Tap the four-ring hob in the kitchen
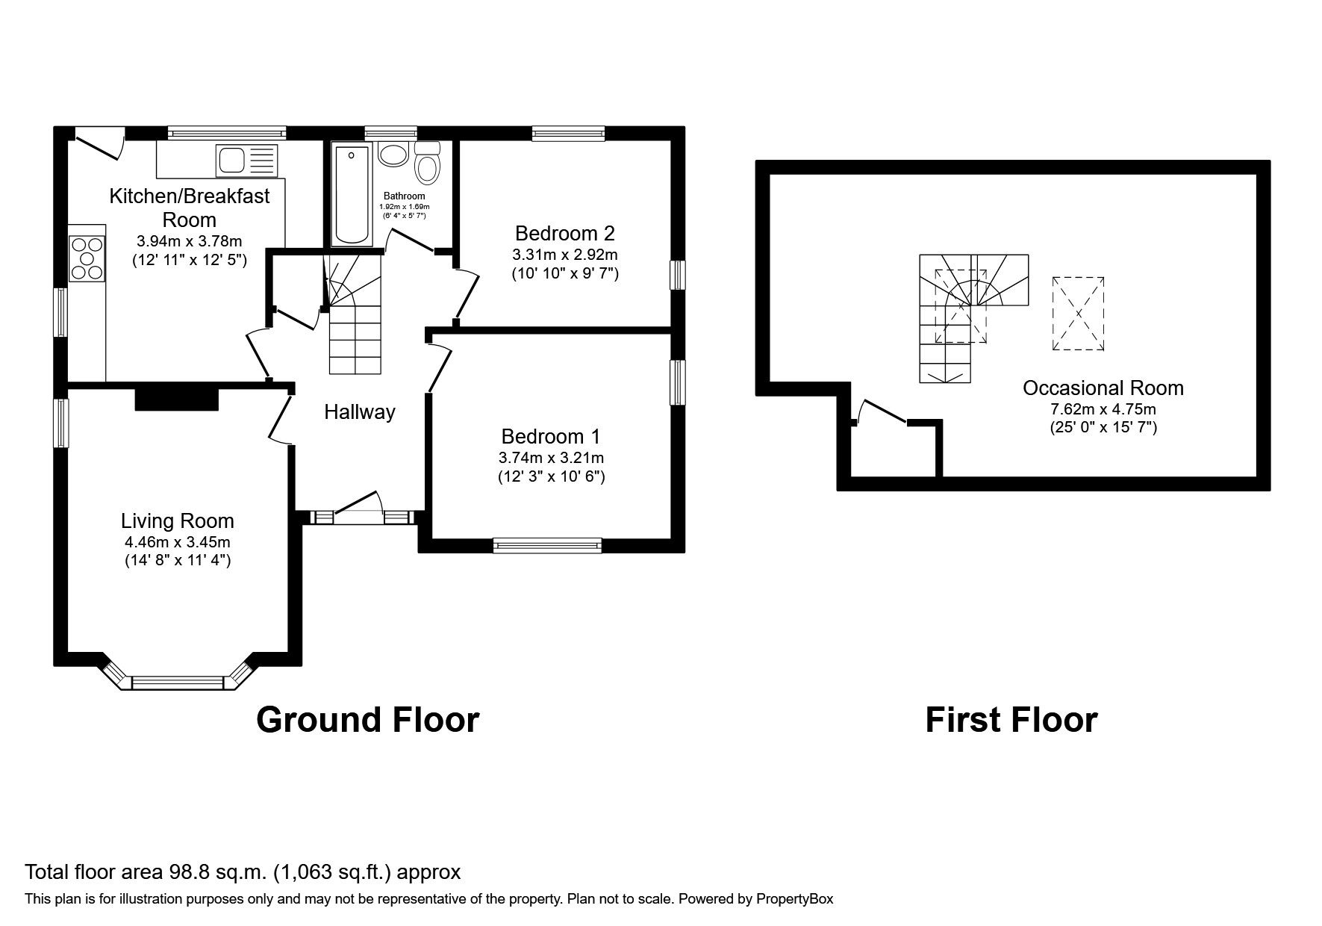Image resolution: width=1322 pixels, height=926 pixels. (x=87, y=258)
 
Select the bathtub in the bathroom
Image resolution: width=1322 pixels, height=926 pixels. (x=352, y=195)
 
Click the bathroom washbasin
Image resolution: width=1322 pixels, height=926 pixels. (x=393, y=155)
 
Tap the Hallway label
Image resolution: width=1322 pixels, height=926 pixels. (x=359, y=412)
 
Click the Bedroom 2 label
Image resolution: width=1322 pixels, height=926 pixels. (x=565, y=233)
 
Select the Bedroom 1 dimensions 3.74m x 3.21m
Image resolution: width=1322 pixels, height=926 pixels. (x=552, y=457)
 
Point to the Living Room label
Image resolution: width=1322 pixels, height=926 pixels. (x=178, y=521)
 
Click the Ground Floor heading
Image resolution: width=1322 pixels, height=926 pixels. (x=367, y=720)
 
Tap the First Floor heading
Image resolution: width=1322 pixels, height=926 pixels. (x=1011, y=720)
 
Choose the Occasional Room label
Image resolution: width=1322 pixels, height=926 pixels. (x=1103, y=388)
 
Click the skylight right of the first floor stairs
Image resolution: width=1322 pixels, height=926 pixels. (x=1079, y=313)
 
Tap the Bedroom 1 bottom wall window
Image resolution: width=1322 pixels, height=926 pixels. (x=547, y=546)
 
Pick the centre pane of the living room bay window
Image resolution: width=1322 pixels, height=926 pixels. (x=178, y=683)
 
